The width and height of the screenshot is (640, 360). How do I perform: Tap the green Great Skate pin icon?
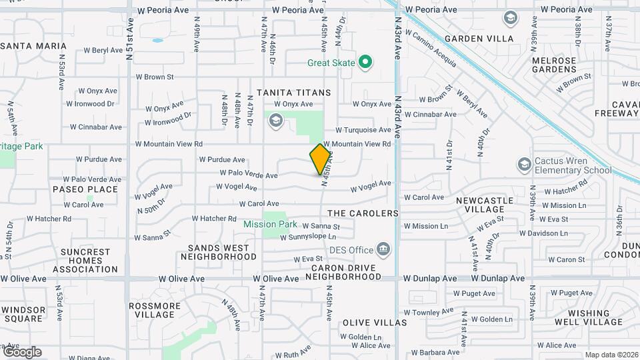coord(365,63)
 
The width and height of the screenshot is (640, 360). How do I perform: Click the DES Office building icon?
coord(383,250)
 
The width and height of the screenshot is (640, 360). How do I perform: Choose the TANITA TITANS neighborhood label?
coord(294,92)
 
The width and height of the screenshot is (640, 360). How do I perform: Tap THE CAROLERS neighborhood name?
coord(363,213)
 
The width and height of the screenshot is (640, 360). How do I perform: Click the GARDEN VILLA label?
coord(479,39)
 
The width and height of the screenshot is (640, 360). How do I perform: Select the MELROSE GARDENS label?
coord(554,65)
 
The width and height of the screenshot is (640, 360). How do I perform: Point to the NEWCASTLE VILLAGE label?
coord(485,205)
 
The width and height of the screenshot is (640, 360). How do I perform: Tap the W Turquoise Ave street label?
coord(363,130)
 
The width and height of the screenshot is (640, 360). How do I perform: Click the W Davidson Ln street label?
coord(543,233)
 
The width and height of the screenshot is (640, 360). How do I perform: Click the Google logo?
coord(22,352)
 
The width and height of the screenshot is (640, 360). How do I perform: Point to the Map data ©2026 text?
coord(611,355)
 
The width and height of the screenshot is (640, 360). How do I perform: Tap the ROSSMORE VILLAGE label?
coord(154,311)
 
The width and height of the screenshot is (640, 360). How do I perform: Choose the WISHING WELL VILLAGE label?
coord(589,317)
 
